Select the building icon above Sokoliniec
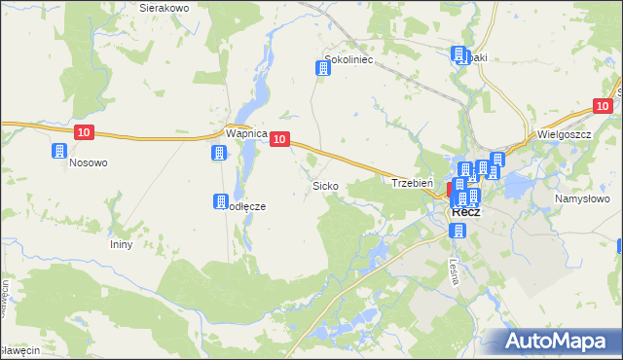[322, 68]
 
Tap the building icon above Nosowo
[58, 152]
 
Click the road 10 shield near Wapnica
[279, 140]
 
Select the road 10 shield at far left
[84, 131]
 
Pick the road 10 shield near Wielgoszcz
[604, 106]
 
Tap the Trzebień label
[411, 182]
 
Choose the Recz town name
[465, 212]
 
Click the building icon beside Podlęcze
[220, 201]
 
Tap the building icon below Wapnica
[219, 153]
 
